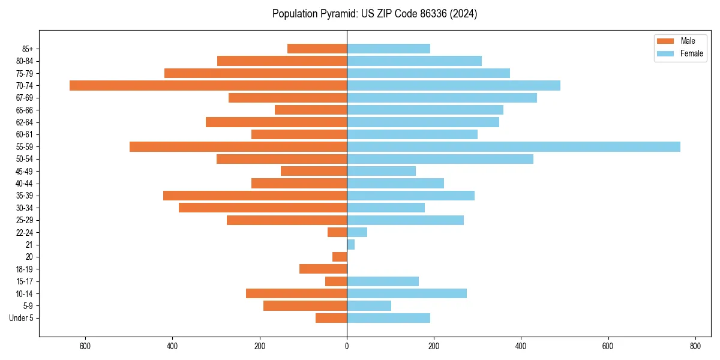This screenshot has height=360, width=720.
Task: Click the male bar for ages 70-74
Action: click(x=208, y=85)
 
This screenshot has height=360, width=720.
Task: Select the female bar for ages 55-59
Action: click(x=514, y=146)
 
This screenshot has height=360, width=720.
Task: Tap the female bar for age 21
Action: click(x=351, y=244)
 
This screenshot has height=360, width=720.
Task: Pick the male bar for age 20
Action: click(x=340, y=257)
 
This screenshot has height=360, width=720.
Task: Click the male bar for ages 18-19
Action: click(x=323, y=269)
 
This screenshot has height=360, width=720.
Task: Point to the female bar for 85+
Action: click(x=389, y=49)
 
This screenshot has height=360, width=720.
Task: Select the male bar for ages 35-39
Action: click(x=255, y=196)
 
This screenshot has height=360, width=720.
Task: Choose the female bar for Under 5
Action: click(x=389, y=318)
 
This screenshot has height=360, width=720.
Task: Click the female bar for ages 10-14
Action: click(x=407, y=293)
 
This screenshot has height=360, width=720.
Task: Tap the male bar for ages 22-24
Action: click(x=337, y=232)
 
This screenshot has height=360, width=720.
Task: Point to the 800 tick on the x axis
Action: click(x=695, y=346)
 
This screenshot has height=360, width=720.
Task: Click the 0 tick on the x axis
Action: click(x=347, y=346)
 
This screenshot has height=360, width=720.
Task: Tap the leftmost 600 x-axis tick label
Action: click(x=85, y=346)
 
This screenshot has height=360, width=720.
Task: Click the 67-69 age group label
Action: click(x=25, y=98)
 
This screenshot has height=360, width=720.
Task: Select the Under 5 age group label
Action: click(x=21, y=318)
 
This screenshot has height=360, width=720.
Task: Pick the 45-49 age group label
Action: click(x=25, y=171)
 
